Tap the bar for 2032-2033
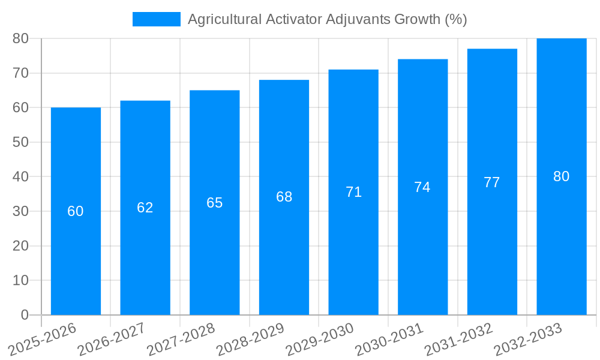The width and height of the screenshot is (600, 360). (561, 240)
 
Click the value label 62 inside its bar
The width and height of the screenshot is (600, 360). (145, 208)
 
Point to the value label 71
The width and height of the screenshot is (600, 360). (353, 192)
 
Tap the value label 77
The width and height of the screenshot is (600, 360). (491, 182)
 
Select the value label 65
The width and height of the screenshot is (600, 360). (214, 203)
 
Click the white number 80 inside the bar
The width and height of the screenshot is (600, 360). (561, 176)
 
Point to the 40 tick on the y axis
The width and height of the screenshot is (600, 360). (20, 177)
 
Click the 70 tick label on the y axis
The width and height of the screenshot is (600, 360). (20, 73)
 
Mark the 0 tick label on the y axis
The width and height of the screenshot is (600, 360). (25, 315)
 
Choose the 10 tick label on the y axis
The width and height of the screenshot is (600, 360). (20, 280)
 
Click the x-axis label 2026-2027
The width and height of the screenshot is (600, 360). (111, 340)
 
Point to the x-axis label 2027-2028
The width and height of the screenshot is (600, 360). (181, 340)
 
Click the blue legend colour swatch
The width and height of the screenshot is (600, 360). (156, 19)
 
